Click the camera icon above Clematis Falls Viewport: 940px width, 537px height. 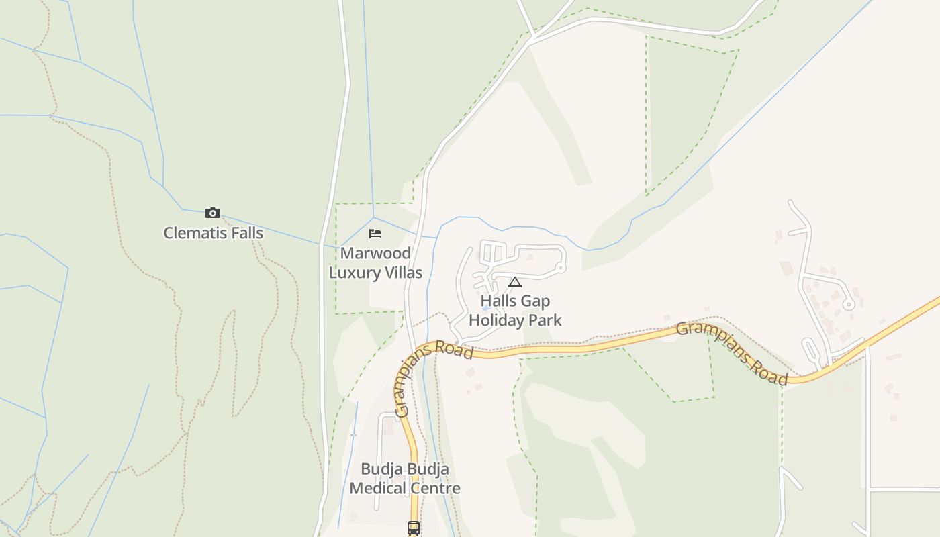(x=213, y=213)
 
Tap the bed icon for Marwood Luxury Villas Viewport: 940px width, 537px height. (x=375, y=234)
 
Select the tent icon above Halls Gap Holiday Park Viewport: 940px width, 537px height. (x=515, y=282)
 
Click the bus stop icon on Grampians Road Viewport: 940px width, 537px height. (x=414, y=528)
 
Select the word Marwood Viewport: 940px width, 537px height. (x=375, y=253)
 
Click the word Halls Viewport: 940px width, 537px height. (x=497, y=301)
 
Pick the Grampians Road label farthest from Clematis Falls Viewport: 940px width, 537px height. (x=732, y=352)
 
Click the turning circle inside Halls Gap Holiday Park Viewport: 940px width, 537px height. (x=561, y=268)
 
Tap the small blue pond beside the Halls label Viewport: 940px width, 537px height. (x=485, y=308)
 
